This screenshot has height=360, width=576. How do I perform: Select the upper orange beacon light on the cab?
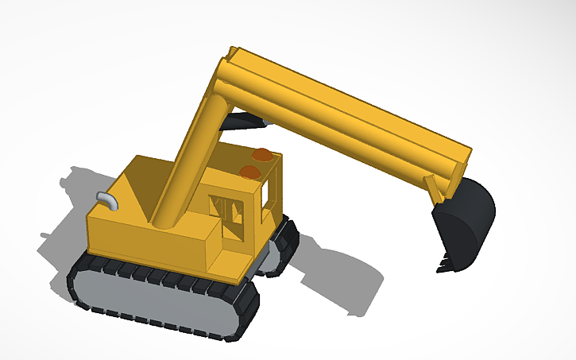(261, 154)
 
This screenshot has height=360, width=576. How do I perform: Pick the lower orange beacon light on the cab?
(249, 172)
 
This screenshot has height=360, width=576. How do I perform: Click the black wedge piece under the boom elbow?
(242, 121)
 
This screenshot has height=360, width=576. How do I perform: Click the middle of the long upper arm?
(350, 119)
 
